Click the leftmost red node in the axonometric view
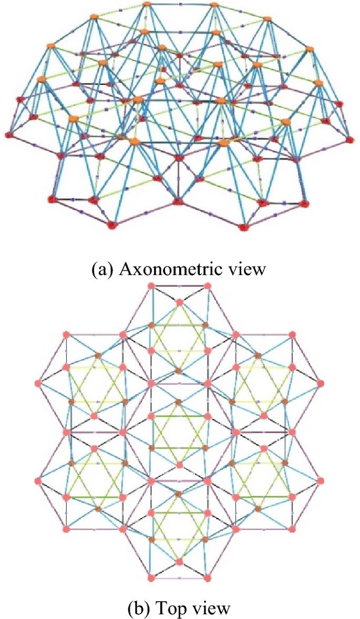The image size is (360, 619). click(8, 135)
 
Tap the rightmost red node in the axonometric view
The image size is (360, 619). click(351, 139)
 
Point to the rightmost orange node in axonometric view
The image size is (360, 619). click(317, 83)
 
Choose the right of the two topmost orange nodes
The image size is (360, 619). click(214, 5)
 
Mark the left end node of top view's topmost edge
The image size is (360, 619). click(151, 286)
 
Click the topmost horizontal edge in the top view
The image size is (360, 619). click(179, 286)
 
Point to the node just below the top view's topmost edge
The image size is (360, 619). click(179, 302)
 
